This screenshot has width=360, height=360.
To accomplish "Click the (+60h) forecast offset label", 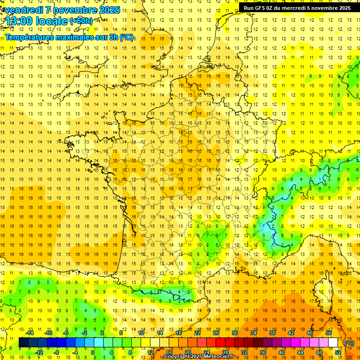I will point(81,21).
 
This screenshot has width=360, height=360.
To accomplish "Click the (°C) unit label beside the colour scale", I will point(349,343).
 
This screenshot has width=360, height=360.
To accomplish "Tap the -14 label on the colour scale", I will point(30,333).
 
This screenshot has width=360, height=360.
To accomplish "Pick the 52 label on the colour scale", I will point(338,352).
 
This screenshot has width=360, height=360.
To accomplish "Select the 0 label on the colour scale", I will point(92,352).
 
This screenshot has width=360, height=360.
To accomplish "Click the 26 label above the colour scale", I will point(216,333).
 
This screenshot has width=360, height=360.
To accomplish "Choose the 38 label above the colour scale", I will point(272,333).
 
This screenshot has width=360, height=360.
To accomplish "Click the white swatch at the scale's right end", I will point(333,343).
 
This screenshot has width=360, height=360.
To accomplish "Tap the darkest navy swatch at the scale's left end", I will point(23,343).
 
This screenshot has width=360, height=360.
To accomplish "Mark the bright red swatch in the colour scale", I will point(220,343).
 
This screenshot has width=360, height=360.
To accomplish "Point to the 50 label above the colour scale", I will point(329,333).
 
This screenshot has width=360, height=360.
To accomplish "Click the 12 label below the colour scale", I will point(150,352).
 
